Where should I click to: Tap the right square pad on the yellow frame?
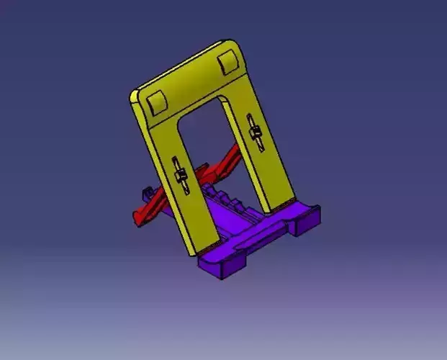point(228,63)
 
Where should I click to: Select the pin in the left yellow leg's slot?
point(181,174)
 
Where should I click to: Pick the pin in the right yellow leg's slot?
point(254,133)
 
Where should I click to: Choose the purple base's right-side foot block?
point(307,223)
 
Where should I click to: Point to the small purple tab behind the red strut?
point(148,192)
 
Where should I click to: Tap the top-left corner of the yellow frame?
point(135,95)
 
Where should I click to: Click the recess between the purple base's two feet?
point(266,241)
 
